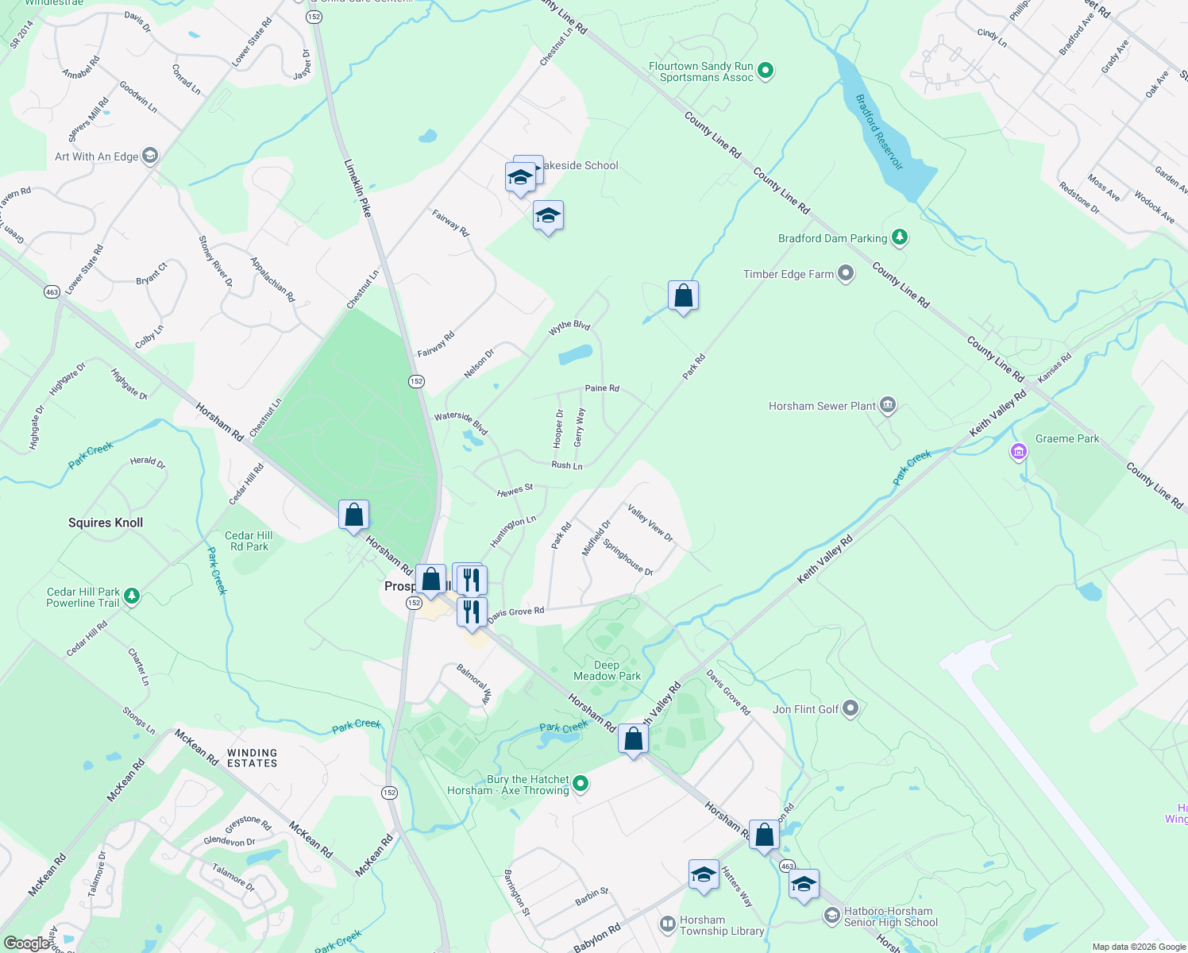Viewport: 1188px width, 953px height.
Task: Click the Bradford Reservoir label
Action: click(x=879, y=132)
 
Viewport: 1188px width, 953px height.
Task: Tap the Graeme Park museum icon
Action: click(x=1018, y=452)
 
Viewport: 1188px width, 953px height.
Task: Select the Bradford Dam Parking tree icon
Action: click(x=899, y=237)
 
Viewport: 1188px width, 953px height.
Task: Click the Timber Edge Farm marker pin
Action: click(x=846, y=274)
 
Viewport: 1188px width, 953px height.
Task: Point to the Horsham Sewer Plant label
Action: click(x=822, y=406)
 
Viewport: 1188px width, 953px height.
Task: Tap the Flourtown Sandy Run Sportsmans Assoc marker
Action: click(x=766, y=71)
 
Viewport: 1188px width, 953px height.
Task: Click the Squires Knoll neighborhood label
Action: click(x=106, y=523)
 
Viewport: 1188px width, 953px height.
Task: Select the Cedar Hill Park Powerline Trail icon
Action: click(x=132, y=595)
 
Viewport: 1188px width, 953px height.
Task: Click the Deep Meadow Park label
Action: click(x=607, y=670)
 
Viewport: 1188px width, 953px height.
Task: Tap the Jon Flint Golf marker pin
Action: click(x=850, y=708)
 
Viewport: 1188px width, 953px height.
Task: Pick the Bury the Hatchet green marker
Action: click(x=580, y=784)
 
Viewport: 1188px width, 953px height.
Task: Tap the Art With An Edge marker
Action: click(x=150, y=156)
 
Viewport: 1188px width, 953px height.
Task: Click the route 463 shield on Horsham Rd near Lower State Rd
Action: click(x=52, y=291)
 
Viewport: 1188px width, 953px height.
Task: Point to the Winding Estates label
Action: click(x=252, y=758)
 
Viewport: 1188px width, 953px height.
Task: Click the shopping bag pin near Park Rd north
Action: click(x=683, y=296)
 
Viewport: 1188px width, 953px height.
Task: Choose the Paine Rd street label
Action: click(x=602, y=388)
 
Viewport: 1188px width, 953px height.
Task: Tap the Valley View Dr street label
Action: click(x=650, y=523)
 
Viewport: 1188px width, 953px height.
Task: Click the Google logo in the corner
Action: click(x=27, y=943)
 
